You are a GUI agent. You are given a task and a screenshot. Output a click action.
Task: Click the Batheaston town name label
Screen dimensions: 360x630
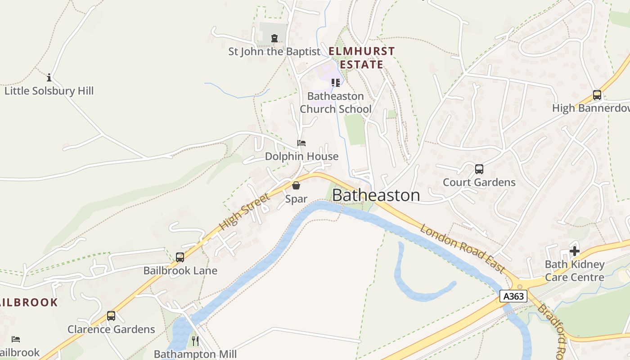pos(376,195)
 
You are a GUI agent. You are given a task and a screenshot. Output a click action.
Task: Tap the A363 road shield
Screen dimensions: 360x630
pos(513,296)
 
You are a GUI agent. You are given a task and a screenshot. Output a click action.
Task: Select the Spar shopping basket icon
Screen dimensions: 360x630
pos(296,185)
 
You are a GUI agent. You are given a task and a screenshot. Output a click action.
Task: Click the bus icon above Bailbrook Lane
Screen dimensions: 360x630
pos(180,257)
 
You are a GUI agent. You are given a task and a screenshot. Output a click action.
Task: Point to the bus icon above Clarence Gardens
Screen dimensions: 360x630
pos(111,316)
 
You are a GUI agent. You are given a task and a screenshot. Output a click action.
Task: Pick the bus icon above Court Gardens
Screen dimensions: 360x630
pos(479,169)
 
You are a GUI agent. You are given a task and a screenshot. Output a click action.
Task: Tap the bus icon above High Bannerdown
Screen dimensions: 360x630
pos(597,95)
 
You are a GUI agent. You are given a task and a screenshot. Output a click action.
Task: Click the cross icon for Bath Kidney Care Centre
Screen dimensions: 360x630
pos(575,251)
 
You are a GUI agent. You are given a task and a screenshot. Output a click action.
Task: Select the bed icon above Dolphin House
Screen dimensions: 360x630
pos(301,143)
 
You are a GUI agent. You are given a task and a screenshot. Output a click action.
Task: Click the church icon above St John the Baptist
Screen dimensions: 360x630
pos(274,38)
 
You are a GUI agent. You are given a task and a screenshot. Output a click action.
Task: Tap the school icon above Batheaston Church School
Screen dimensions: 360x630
pos(336,83)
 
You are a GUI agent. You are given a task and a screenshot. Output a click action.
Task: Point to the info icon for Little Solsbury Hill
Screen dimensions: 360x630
pos(49,77)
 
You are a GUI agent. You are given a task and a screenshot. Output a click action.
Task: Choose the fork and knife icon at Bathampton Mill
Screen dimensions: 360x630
pos(195,341)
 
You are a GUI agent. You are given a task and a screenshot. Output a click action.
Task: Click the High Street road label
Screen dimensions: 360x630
pos(245,211)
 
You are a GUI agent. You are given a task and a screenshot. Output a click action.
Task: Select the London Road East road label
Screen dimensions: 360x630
pos(463,248)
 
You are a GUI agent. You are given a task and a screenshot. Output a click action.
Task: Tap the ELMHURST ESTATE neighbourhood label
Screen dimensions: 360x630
pos(362,58)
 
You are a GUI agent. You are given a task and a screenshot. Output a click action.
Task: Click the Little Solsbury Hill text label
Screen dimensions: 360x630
pos(49,91)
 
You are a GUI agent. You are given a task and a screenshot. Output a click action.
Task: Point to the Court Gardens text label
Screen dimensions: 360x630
pos(479,182)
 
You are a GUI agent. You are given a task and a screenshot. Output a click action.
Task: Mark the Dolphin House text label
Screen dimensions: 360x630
pos(301,156)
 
